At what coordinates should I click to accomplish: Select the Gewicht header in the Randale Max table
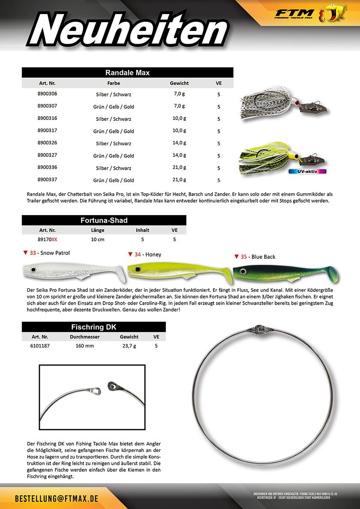tap(179, 83)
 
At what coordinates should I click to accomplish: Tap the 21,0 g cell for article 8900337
tap(179, 180)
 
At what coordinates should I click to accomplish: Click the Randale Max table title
tap(127, 73)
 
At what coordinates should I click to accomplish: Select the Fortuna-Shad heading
tap(104, 220)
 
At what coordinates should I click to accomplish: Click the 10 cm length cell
tap(97, 240)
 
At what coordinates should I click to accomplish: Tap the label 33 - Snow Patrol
tap(49, 253)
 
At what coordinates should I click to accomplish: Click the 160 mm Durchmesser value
tap(84, 346)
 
